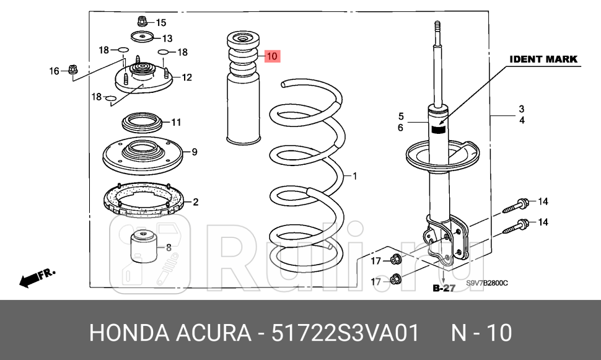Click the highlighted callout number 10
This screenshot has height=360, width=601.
(273, 56)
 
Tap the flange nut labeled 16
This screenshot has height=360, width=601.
(72, 71)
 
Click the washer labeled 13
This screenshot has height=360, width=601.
(142, 38)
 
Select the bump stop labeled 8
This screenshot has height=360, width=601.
(143, 248)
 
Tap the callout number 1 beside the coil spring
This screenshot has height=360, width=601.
(355, 177)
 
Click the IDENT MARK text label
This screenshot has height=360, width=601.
(543, 59)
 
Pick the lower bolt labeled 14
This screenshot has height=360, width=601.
(515, 226)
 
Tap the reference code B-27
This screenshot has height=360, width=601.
(444, 288)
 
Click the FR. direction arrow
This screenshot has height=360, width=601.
(36, 277)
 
